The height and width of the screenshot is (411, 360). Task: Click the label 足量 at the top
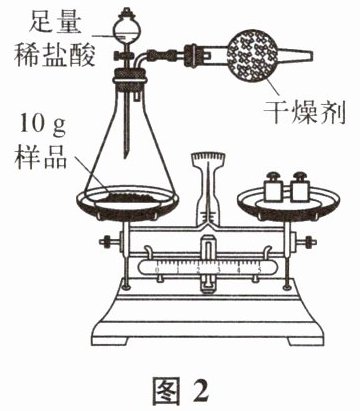55,21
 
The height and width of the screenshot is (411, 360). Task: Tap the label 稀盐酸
55,54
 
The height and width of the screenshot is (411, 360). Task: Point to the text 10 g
43,125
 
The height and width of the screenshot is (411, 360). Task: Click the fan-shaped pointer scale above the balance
207,159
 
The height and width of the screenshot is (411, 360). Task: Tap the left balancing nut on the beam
107,241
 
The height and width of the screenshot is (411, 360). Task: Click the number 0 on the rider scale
157,270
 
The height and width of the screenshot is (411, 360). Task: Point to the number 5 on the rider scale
259,270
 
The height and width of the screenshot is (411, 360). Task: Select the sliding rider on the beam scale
208,262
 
